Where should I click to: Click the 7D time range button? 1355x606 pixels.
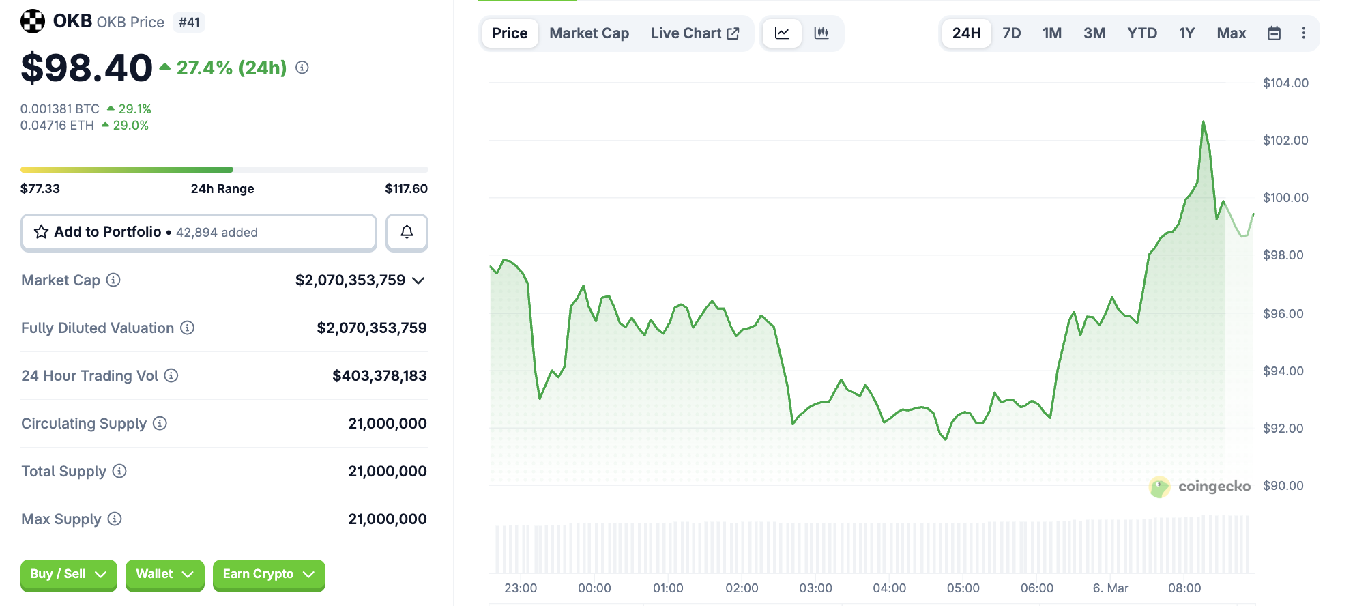click(x=1011, y=33)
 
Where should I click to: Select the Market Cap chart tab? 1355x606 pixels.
click(x=589, y=33)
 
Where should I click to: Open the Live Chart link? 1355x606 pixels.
click(x=694, y=33)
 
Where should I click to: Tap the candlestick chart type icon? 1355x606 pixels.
click(x=821, y=33)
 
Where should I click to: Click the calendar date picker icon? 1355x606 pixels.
click(x=1273, y=33)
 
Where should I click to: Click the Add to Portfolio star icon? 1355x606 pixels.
click(x=42, y=232)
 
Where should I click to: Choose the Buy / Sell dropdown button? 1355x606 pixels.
click(x=68, y=574)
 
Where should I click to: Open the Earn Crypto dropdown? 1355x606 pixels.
click(x=268, y=574)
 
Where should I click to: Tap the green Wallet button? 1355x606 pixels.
click(x=164, y=574)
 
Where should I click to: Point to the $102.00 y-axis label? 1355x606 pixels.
click(x=1285, y=141)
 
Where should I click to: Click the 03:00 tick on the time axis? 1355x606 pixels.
click(x=815, y=588)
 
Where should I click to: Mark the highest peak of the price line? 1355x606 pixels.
click(x=1203, y=122)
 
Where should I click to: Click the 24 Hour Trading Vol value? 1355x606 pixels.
click(x=379, y=376)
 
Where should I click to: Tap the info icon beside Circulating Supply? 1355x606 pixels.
click(x=160, y=423)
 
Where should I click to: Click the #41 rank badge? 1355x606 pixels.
click(x=189, y=23)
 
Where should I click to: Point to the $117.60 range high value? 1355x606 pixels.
click(x=406, y=189)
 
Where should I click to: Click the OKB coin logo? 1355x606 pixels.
click(x=33, y=21)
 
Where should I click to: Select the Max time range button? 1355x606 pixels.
click(x=1231, y=33)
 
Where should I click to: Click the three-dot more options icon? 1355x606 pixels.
click(x=1303, y=33)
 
